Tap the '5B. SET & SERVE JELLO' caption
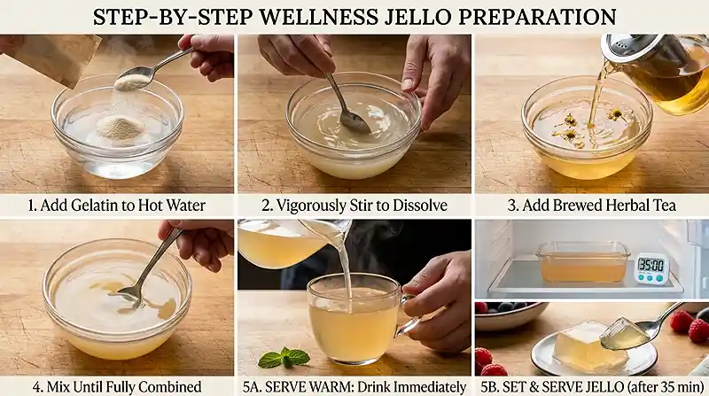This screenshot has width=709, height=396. pos(591,386)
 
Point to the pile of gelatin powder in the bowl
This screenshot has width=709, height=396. pos(119,128)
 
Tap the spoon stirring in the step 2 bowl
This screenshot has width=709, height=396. pos(347,111)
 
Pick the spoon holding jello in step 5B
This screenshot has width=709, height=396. pos(629,332)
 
